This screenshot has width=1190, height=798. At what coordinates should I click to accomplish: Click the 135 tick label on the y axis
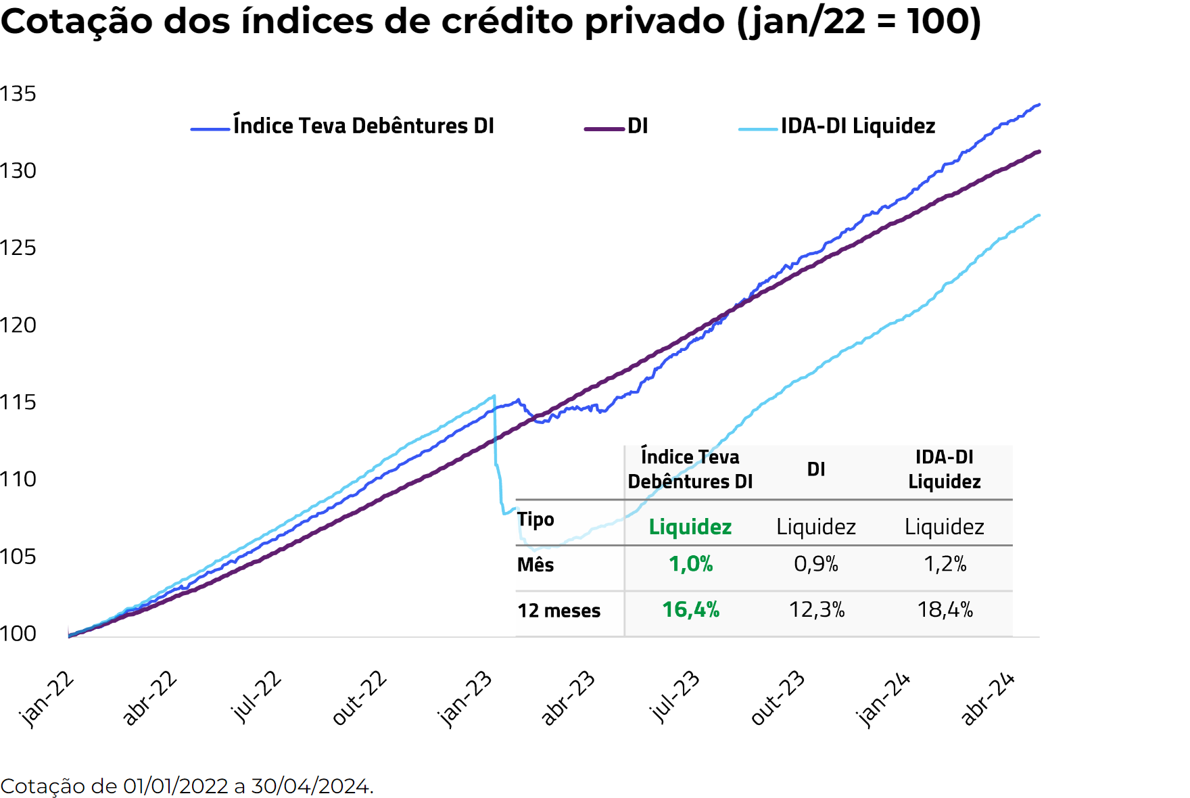(x=18, y=94)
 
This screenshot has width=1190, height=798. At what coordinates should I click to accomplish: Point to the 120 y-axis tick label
(x=18, y=325)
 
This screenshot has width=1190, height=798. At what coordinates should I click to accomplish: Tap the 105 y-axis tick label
(x=18, y=557)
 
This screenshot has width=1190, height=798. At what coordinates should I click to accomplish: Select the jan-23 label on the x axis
(x=465, y=699)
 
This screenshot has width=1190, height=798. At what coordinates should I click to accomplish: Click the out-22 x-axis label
(x=360, y=698)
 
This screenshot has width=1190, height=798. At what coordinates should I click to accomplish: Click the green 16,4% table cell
(x=690, y=610)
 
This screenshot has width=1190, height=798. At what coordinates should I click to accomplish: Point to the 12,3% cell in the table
(x=817, y=610)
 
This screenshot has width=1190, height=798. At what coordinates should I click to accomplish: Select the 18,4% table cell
(x=945, y=610)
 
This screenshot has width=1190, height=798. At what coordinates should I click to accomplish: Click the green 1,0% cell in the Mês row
(x=690, y=564)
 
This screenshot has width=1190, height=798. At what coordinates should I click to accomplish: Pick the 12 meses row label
(x=559, y=611)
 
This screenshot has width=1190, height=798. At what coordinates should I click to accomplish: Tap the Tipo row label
(x=535, y=519)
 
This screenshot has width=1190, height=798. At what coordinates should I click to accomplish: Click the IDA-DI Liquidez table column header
(x=944, y=469)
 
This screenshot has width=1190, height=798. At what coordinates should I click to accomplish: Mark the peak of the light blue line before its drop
(x=494, y=396)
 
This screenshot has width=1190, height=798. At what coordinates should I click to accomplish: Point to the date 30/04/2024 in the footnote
(x=310, y=786)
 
